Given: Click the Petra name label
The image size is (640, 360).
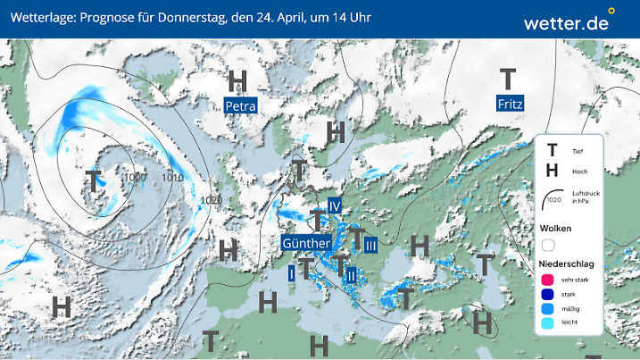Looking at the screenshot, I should click(240, 106).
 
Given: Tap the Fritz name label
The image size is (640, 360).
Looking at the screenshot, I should click(510, 104).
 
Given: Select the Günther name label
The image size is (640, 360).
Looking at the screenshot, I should click(306, 243).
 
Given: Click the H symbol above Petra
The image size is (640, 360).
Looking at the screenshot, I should click(238, 80).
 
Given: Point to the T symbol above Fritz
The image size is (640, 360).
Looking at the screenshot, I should click(508, 79).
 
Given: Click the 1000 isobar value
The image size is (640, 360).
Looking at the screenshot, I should click(136, 178).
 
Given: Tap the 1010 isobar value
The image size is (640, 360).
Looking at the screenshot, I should click(172, 178).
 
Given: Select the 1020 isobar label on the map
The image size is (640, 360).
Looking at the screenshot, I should click(212, 200).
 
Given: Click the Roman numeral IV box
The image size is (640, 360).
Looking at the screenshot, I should click(336, 206).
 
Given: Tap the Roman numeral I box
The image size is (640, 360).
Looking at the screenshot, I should click(291, 274).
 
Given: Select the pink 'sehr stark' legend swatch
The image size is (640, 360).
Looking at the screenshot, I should click(549, 280).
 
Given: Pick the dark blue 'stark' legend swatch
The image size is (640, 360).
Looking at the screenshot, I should click(549, 294).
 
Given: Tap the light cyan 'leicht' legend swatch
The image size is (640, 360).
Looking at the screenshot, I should click(549, 325).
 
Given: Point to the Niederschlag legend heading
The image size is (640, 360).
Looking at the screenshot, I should click(568, 264).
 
